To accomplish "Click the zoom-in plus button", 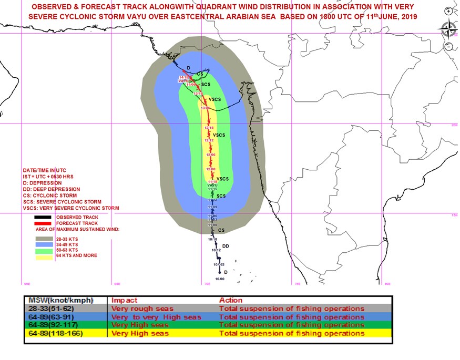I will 448,11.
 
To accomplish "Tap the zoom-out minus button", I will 448,46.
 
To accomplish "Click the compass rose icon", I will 448,28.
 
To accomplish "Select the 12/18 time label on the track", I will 209,128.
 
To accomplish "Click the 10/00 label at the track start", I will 211,279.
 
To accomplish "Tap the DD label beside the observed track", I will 226,246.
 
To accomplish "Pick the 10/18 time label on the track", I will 212,239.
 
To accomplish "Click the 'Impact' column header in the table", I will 124,300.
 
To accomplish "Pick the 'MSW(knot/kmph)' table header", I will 57,300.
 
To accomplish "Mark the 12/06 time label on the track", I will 211,155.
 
